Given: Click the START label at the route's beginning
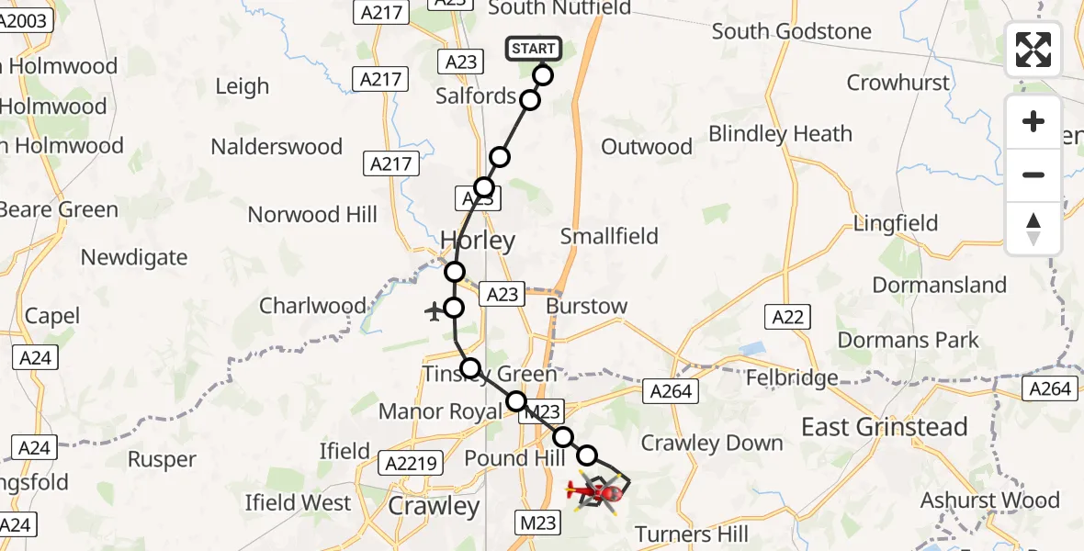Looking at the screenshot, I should click(x=533, y=49).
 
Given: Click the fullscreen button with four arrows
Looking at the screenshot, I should click(x=1033, y=50).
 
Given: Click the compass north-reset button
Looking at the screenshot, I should click(x=1033, y=228).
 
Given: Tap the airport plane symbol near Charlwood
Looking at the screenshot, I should click(x=434, y=312).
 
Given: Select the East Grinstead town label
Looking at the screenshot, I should click(x=885, y=427).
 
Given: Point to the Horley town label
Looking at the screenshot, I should click(x=478, y=242).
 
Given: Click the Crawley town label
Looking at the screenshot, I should click(x=434, y=506).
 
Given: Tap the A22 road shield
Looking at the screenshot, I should click(x=787, y=318).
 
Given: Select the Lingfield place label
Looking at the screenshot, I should click(x=896, y=223).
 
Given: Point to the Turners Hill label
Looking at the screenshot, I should click(x=692, y=534).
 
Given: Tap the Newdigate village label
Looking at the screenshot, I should click(x=134, y=257).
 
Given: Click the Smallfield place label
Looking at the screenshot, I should click(x=610, y=236).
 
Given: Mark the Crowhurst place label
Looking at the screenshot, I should click(x=897, y=83).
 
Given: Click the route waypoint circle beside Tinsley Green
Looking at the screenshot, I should click(x=470, y=368).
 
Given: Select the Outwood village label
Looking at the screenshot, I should click(x=647, y=147).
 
